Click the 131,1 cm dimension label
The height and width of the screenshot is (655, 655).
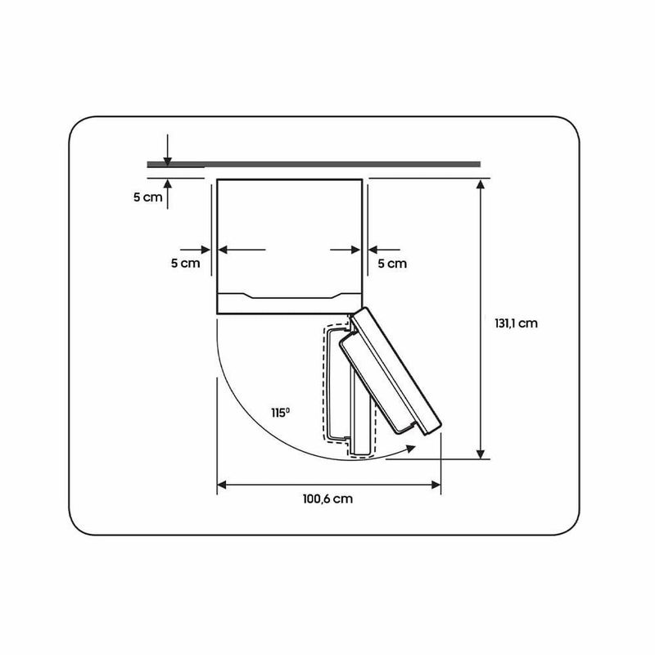516,323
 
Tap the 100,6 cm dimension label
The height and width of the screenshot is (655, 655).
328,499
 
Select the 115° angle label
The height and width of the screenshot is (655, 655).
280,413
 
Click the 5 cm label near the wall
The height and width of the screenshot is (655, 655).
148,197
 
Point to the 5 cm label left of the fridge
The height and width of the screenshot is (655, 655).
186,263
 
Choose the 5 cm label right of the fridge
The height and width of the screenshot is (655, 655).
392,264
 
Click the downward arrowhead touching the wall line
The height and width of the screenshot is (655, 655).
168,160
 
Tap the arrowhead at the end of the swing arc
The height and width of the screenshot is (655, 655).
411,449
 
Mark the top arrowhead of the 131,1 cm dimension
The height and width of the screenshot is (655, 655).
481,184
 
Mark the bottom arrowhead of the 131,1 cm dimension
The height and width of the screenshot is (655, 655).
481,454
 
